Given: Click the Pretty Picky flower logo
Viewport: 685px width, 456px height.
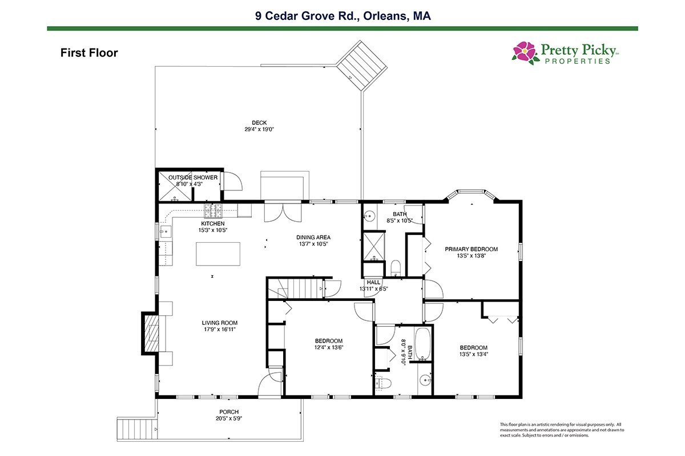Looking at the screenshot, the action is (525, 53).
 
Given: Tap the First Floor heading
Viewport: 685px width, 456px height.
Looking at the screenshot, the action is (89, 53).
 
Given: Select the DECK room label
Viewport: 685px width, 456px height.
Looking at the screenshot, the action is (259, 123).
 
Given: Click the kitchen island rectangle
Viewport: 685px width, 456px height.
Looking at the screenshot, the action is (218, 254).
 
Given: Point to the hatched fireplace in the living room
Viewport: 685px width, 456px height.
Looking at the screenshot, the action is (151, 333).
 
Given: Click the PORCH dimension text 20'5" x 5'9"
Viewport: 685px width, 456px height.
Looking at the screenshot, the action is (229, 418).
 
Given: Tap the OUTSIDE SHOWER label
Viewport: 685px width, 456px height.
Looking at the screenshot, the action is (193, 177).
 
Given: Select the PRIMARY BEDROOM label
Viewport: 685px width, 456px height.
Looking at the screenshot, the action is (472, 249).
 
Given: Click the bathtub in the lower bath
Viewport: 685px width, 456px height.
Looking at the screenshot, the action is (423, 344).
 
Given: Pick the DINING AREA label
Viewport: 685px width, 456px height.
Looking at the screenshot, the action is (313, 237).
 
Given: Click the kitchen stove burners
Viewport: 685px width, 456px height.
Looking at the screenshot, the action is (213, 211).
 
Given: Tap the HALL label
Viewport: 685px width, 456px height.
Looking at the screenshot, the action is (373, 282).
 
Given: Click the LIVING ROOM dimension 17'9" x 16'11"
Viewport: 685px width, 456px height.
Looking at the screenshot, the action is (220, 329).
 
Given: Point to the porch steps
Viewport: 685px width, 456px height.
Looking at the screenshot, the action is (136, 429).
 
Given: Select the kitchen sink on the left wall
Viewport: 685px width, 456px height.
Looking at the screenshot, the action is (166, 232).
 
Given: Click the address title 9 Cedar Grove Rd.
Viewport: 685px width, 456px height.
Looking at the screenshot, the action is (307, 16).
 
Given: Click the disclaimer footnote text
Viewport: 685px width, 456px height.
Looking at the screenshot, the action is (562, 430).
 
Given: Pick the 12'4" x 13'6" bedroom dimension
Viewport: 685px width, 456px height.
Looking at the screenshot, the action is (329, 347).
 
